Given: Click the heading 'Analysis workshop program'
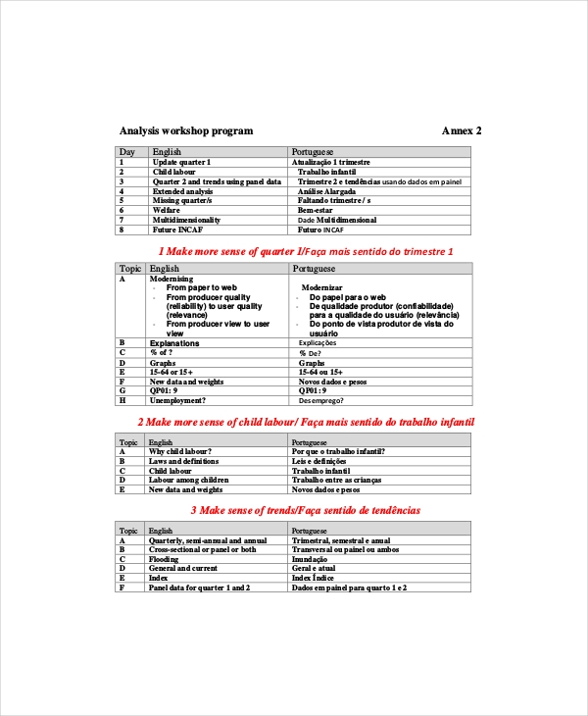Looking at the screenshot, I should pos(185,130).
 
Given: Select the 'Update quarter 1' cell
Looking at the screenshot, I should pos(181,161).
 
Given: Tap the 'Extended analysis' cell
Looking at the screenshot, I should pos(182,191).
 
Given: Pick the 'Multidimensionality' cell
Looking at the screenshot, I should pos(186,221).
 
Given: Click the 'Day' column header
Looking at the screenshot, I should pos(127,152).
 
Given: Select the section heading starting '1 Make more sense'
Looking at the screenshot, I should pos(306,252).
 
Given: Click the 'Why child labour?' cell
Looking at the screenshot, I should pos(180,451).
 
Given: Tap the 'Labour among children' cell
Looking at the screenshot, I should pos(188,480).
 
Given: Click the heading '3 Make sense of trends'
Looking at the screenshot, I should pos(305,510).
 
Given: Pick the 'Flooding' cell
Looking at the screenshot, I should pos(164,559).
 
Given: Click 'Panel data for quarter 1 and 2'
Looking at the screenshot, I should pos(199,587).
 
